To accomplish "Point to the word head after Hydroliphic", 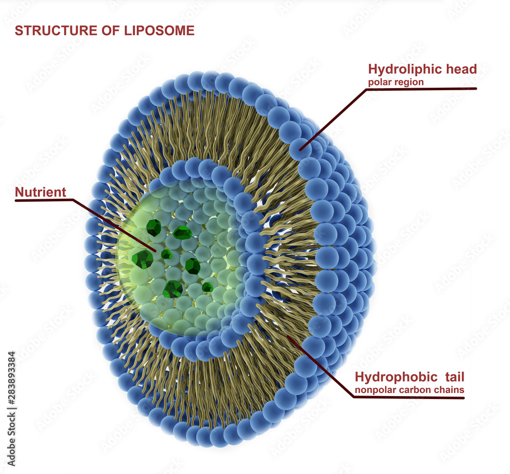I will pos(461,69).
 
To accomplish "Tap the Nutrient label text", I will pos(41,192).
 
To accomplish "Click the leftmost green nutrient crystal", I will pos(142,259).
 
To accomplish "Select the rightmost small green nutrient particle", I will pos(207,287).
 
